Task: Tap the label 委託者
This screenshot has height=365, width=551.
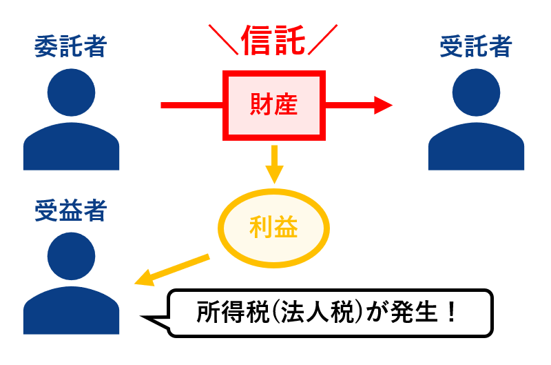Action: (71, 48)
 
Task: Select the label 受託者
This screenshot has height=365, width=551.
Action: (476, 48)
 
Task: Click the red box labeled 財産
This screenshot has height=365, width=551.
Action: (274, 105)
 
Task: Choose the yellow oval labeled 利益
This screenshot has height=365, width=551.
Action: (274, 228)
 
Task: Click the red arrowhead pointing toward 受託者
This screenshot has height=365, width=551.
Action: (382, 105)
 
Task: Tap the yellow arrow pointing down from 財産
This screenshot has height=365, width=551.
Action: (274, 166)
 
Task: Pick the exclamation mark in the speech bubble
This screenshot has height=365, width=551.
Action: (451, 315)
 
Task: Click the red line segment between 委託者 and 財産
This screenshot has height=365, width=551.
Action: (193, 105)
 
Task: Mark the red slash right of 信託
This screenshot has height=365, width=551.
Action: (324, 41)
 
